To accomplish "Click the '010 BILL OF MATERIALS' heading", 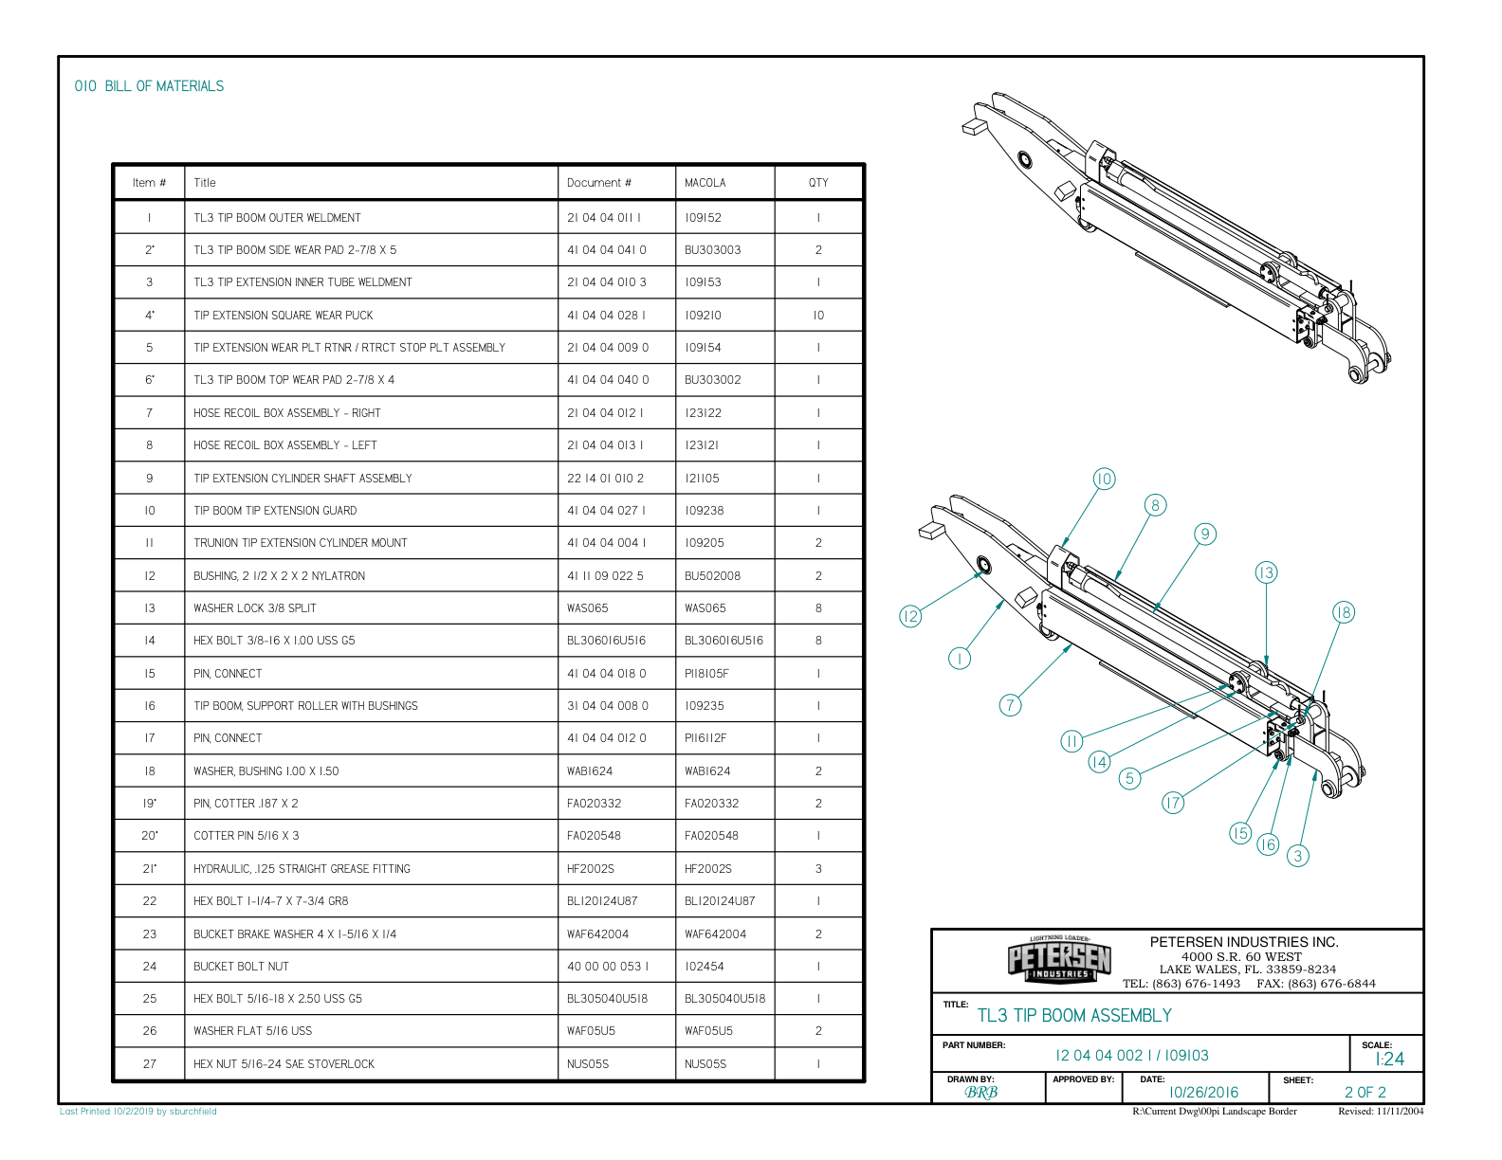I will click(x=149, y=86).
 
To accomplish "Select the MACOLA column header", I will click(x=705, y=183).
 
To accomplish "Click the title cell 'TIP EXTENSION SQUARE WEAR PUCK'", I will click(x=284, y=316).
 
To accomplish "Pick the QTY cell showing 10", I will click(x=818, y=316).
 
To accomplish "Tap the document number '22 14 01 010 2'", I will click(x=605, y=479).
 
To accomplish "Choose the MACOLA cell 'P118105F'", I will click(x=706, y=674).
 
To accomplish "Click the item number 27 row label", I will click(x=150, y=1064).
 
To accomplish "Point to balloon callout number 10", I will click(x=1104, y=479).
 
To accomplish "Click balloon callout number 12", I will click(x=910, y=617).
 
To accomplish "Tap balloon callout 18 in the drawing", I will click(x=1343, y=612).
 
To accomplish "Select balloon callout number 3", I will click(x=1298, y=856).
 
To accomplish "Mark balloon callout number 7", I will click(x=1011, y=704).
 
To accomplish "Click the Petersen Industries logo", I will click(x=1059, y=960).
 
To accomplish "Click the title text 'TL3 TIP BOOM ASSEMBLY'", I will click(x=1074, y=1016).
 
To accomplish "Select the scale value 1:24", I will click(x=1389, y=1060).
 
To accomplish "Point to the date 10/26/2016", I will click(x=1203, y=1093).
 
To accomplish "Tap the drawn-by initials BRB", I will click(x=980, y=1093).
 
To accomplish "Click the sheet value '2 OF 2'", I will click(x=1365, y=1093).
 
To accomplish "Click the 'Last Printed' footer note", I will click(x=138, y=1112).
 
